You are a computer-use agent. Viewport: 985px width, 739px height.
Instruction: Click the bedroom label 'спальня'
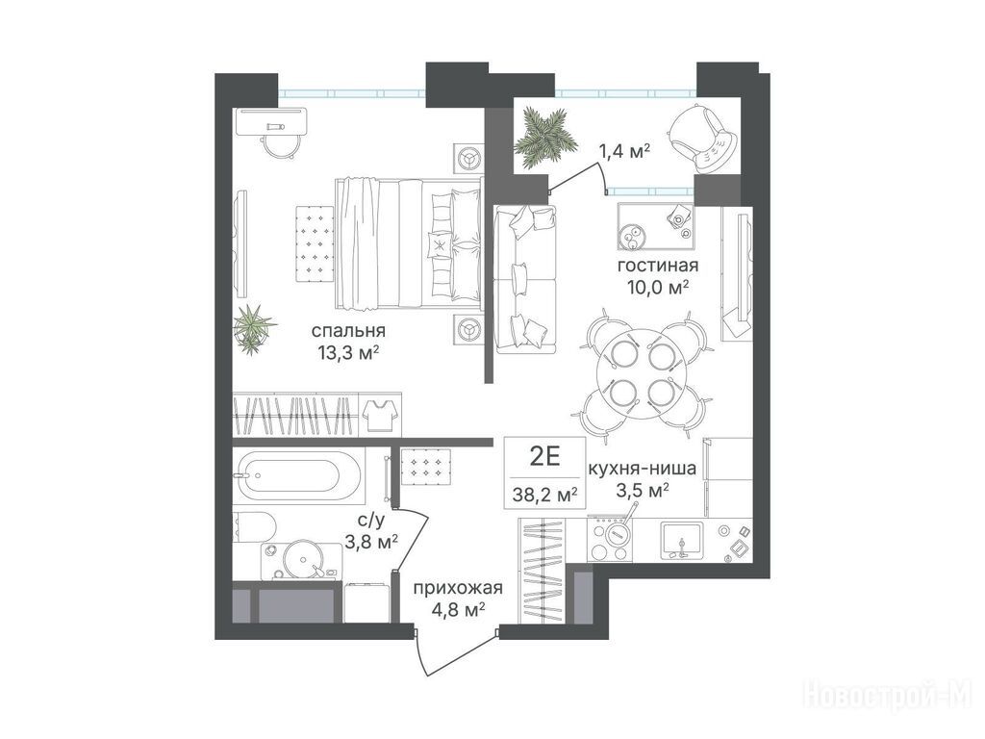coord(347,331)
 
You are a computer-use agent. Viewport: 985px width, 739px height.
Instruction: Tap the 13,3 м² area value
coord(348,355)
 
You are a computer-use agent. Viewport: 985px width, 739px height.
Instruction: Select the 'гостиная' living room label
coord(657,266)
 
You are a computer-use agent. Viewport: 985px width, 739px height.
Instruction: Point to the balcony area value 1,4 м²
coord(622,151)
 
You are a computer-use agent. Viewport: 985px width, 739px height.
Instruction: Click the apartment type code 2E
coord(544,457)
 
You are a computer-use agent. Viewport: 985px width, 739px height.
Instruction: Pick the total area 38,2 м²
coord(544,495)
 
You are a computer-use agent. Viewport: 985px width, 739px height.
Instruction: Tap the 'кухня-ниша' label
coord(641,469)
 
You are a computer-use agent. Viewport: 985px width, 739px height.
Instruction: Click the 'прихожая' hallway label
coord(457,588)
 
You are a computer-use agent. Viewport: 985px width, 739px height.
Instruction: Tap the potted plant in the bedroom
coord(253,327)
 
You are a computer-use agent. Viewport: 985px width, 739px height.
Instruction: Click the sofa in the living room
coord(525,278)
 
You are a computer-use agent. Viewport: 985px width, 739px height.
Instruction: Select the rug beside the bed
coord(314,243)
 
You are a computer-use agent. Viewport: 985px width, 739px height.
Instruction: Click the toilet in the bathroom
coord(253,527)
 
